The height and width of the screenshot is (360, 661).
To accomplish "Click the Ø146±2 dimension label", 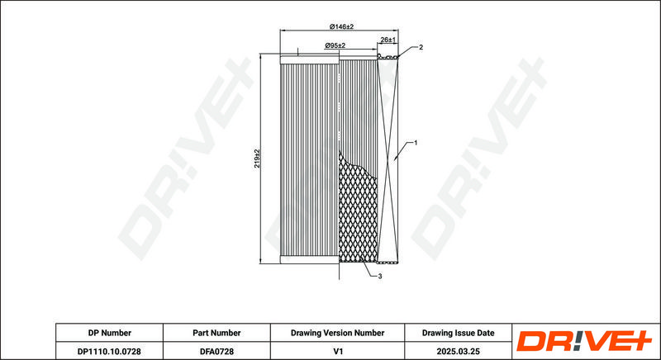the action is point(341,26).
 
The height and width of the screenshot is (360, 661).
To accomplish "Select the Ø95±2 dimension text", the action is point(335,45).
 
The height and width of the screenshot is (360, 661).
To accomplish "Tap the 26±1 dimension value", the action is point(388,40).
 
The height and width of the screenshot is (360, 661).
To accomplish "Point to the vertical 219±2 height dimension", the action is point(257,159).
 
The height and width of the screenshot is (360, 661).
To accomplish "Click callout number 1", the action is point(416,143).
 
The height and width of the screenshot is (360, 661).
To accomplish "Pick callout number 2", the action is point(421,47).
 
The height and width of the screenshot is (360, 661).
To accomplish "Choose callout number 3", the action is point(380,277).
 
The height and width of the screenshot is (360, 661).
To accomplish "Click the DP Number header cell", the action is point(110,333).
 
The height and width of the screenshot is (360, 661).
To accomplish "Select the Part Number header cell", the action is point(216,333).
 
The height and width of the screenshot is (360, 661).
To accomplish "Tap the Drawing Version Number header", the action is point(337,333).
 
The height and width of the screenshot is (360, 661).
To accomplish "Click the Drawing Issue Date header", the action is point(459,333).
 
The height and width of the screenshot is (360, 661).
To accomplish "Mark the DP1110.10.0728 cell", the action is point(109,351).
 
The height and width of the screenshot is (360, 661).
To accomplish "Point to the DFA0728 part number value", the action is point(216,351).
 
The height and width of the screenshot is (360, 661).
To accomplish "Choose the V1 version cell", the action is point(337,351).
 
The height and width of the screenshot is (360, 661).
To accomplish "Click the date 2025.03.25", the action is point(459,351).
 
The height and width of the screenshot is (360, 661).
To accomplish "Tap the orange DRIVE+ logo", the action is point(584,341).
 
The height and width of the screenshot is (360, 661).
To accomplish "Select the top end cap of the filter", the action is point(309,60).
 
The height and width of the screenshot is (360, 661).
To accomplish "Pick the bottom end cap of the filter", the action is point(309,259).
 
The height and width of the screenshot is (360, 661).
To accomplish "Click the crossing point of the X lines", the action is point(388,159).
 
